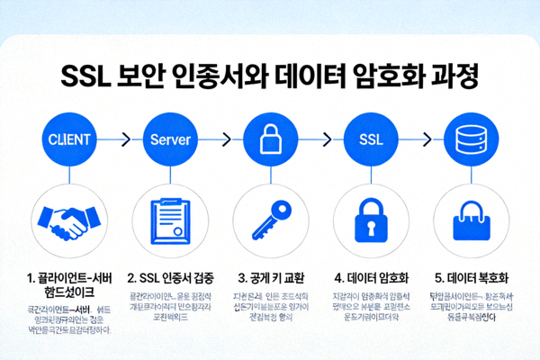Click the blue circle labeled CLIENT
click(x=68, y=140)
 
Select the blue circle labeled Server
click(x=170, y=140)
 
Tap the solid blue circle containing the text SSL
click(x=372, y=140)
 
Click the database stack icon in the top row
click(x=472, y=140)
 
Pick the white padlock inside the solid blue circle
click(x=271, y=140)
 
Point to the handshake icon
click(x=68, y=220)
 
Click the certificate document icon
click(x=170, y=220)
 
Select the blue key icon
click(x=271, y=220)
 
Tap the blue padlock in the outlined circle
click(x=372, y=220)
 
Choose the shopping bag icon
click(x=472, y=220)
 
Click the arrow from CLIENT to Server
click(x=119, y=140)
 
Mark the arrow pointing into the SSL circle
click(x=321, y=140)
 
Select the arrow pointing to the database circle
click(x=422, y=140)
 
